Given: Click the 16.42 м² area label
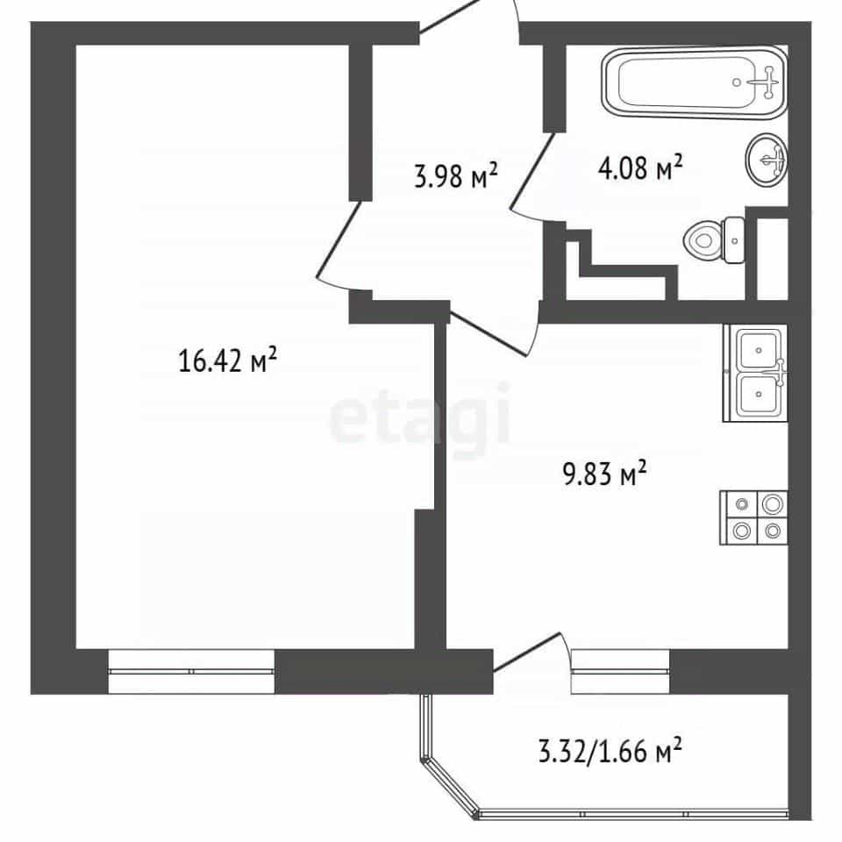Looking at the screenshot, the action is pos(227,360).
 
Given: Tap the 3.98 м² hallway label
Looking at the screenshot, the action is pos(456,175).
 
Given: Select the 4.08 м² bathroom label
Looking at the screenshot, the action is pos(640,168).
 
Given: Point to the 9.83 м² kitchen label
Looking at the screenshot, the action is pos(604,473).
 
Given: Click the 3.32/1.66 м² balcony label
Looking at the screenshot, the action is pos(610,750).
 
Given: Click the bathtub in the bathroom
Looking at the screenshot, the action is pos(695,83).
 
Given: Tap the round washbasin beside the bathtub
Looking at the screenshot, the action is pos(767,160).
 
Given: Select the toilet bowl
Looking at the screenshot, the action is pos(703,240).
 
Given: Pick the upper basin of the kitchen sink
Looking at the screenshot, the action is pos(759,350).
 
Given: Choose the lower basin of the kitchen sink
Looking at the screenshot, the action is pos(759,396).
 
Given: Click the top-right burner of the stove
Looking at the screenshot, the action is pos(773,503).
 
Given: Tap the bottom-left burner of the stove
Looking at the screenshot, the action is pos(742,532).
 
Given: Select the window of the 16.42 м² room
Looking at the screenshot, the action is pos(191,671).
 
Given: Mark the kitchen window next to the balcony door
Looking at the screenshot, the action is pos(620,671).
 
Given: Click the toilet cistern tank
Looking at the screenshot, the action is pos(733,240).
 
